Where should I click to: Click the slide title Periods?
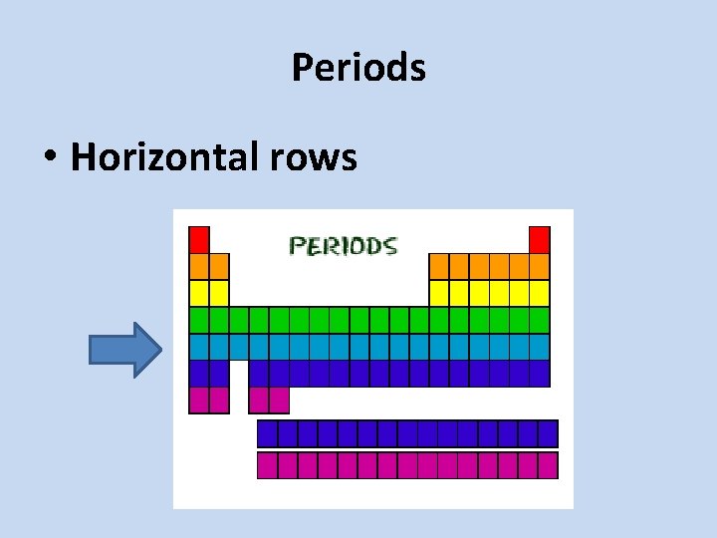click(358, 68)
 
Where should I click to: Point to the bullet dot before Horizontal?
click(49, 157)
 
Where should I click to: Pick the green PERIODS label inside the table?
click(343, 245)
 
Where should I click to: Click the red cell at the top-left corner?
click(199, 239)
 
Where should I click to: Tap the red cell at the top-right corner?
click(539, 239)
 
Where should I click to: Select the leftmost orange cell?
click(199, 266)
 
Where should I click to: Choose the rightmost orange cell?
click(539, 266)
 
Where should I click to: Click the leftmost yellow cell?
click(199, 293)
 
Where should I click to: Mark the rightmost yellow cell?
click(539, 293)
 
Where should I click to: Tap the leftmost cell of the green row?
click(199, 320)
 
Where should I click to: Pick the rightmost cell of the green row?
click(539, 320)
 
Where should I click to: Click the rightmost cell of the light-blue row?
click(539, 347)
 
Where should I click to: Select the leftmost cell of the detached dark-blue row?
click(268, 433)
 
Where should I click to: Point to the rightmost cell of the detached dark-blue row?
click(548, 433)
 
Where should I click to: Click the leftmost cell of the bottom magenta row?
click(268, 465)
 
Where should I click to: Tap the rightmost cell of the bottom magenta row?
click(548, 465)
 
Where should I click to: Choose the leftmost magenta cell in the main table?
click(199, 400)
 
